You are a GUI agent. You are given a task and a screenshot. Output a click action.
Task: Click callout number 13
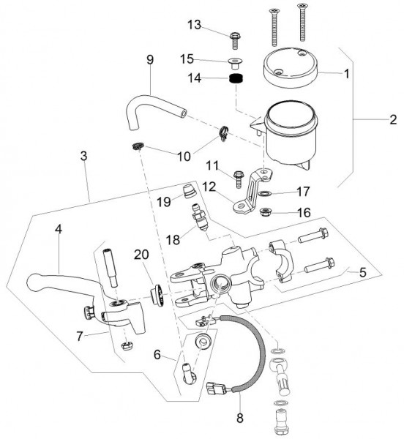click(195, 25)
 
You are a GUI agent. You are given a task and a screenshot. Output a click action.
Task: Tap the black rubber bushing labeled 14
click(236, 78)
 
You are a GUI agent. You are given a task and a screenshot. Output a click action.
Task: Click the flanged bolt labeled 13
click(236, 41)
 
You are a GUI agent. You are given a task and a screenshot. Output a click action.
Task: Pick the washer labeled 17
click(264, 193)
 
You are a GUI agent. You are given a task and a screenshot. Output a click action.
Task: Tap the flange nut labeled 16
click(264, 212)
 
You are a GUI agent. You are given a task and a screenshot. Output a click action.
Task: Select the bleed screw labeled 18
click(200, 217)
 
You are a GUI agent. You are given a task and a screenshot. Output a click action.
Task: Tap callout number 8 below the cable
click(240, 418)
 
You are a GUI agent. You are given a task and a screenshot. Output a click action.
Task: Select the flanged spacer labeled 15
click(235, 63)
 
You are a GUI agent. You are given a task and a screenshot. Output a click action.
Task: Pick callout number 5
click(362, 272)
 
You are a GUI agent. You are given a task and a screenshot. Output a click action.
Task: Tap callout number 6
click(157, 355)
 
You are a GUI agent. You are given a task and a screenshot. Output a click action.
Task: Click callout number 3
click(83, 156)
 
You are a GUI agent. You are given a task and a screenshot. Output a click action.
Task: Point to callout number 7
click(80, 336)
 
